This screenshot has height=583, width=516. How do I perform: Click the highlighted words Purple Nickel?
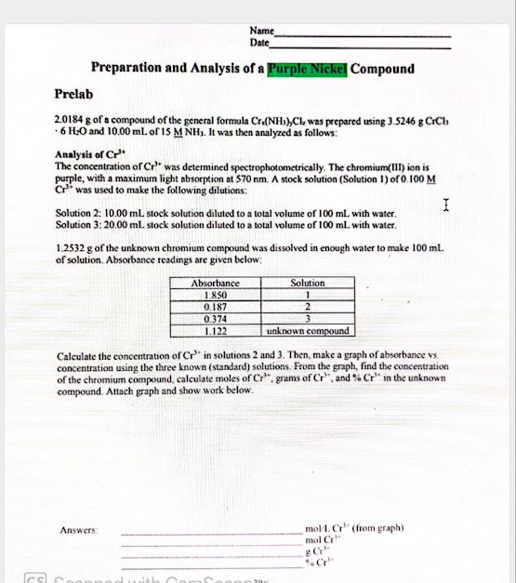coord(307,68)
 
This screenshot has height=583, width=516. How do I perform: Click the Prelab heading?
coord(73,94)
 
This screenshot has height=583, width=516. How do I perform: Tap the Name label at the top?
coord(261,32)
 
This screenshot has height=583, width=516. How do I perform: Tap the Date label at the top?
coord(259,43)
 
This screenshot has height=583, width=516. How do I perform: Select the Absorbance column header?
coord(215,283)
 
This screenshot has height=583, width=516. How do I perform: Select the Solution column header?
coord(308,283)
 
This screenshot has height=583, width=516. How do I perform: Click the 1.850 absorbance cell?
coord(215,295)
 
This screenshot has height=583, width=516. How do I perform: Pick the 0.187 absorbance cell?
coord(215,306)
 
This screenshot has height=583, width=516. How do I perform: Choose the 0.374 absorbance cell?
coord(215,318)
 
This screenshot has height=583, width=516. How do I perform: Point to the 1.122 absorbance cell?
coord(215,330)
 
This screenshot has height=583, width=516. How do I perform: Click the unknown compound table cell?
coord(308,330)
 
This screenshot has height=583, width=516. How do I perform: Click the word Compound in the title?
coord(383,68)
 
